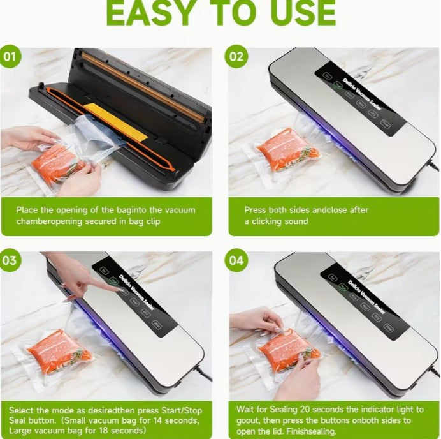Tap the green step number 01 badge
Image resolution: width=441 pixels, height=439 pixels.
point(10,56)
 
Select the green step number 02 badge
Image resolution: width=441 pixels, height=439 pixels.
point(236,56)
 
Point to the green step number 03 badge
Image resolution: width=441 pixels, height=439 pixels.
point(10,260)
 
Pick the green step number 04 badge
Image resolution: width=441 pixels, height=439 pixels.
point(236,260)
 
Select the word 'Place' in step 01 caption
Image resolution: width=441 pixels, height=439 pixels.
point(28,210)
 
